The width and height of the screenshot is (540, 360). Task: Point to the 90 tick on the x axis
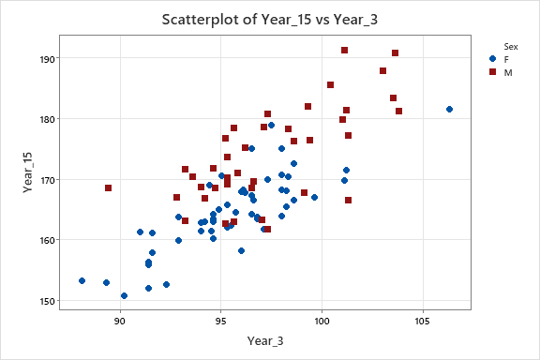120,321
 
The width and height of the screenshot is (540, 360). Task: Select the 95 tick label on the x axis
221,321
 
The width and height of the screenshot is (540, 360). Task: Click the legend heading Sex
511,45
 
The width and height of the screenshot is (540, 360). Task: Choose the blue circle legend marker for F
494,58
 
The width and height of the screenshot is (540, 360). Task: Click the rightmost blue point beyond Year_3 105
450,110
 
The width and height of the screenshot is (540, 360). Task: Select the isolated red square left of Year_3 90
108,187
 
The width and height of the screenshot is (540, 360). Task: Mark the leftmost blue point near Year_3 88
82,280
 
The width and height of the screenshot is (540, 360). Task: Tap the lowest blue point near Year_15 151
124,295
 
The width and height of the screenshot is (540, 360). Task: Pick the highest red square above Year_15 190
345,50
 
